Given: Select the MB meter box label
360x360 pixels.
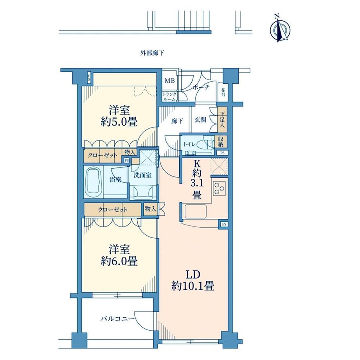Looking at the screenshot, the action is point(170,81).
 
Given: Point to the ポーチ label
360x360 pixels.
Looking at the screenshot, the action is point(201,87).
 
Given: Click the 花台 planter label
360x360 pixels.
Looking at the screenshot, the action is point(223,92).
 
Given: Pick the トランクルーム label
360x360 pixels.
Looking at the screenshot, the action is point(170,97).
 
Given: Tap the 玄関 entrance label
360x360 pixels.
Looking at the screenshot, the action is point(200,120).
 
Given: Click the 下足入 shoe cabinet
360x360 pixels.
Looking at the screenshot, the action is point(222,119).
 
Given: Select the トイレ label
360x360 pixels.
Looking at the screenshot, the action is point(189,144).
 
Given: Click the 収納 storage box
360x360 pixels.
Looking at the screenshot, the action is point(221,141).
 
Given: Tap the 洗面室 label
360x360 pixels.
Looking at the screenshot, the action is point(142,175).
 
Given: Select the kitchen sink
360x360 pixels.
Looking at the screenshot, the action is point(195,211).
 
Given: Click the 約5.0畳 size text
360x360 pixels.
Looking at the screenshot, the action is point(119,122).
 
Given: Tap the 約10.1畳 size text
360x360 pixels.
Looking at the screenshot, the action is point(193,286).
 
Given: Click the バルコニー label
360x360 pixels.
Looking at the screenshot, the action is point(117,319).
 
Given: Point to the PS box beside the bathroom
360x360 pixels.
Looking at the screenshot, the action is point(127,161).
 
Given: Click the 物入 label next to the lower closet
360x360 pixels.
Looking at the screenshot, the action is point(150,209).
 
